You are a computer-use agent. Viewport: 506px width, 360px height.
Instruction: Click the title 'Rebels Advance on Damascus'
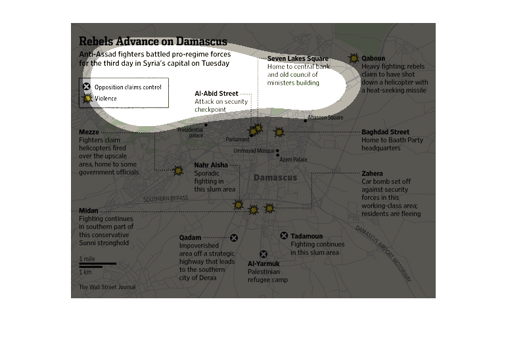(153, 41)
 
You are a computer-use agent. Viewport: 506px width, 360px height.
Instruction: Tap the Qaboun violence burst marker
(354, 58)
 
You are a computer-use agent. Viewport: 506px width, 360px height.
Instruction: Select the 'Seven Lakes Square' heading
(298, 58)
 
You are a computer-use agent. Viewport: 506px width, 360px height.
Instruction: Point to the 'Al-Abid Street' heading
(216, 93)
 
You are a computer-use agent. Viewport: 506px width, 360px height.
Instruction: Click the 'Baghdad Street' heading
(385, 132)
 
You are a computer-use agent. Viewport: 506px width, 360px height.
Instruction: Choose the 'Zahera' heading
(372, 173)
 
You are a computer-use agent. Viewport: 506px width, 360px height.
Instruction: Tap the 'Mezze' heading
(89, 132)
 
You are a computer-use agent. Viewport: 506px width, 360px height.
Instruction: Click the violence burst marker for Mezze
(178, 170)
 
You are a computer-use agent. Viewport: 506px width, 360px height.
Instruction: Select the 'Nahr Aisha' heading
(211, 165)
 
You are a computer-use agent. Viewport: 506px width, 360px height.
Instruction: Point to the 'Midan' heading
(89, 211)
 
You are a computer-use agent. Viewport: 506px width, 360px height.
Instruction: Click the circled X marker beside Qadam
(234, 238)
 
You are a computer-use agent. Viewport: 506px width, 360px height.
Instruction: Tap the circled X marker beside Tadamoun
(284, 236)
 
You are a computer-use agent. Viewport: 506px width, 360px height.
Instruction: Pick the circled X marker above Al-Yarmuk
(264, 254)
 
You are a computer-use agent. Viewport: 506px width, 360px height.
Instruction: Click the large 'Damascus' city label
(275, 177)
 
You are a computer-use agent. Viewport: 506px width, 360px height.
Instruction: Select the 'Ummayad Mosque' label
(254, 150)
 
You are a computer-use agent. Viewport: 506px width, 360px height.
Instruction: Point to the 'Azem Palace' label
(293, 160)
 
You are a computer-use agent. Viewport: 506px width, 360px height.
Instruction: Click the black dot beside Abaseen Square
(306, 121)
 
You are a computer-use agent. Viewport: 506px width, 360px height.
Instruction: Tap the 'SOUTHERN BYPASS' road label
(166, 198)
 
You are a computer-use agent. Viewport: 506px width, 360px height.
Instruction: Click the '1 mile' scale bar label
(87, 259)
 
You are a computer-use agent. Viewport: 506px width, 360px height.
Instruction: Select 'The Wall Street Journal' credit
(107, 287)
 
